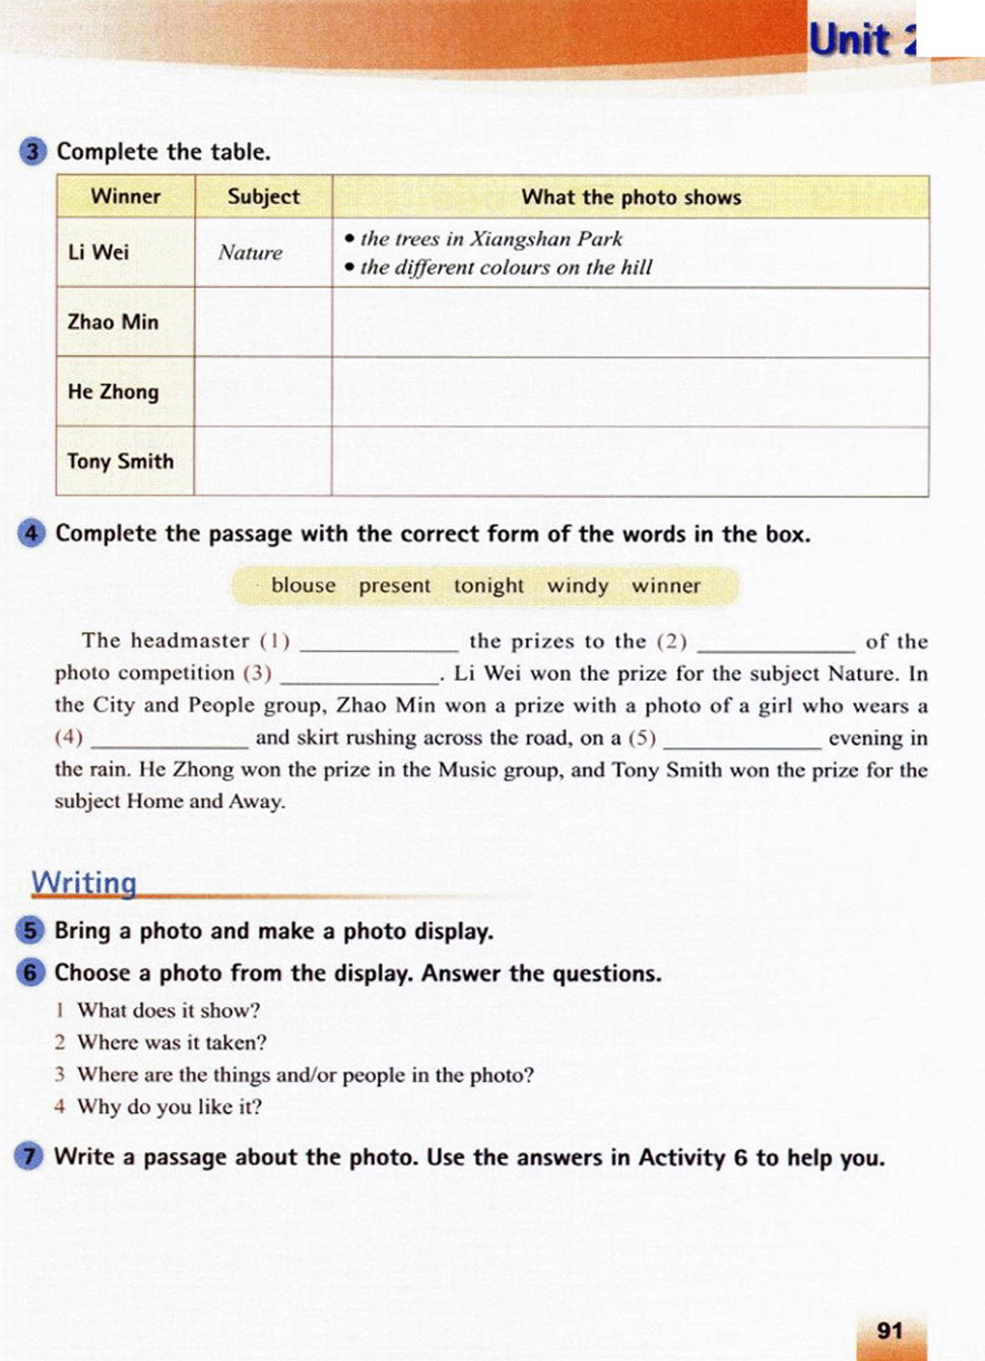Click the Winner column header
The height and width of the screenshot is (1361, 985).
[x=125, y=196]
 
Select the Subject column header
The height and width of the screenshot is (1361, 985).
[x=264, y=196]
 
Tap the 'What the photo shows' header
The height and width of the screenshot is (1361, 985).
[x=631, y=197]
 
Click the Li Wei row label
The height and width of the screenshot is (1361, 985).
[x=98, y=252]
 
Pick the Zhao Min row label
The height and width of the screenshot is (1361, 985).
[x=113, y=322]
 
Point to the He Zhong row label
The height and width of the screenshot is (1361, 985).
[x=113, y=391]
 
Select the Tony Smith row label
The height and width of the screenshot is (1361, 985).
[x=120, y=462]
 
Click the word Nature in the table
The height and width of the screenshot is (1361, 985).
[x=250, y=253]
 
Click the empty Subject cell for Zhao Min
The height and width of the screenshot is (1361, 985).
[x=264, y=323]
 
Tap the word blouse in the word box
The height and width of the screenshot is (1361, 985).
[x=303, y=586]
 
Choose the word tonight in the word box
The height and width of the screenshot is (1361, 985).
[x=489, y=586]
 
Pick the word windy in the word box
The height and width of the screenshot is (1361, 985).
[x=577, y=586]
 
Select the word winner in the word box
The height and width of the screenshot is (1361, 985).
[x=666, y=586]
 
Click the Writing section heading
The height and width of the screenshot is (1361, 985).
[x=84, y=882]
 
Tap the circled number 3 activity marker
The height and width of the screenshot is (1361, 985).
[x=33, y=152]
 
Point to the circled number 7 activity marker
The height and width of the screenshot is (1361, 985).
[x=29, y=1156]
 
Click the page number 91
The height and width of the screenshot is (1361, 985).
[x=890, y=1330]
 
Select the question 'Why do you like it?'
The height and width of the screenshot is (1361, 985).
[x=169, y=1107]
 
